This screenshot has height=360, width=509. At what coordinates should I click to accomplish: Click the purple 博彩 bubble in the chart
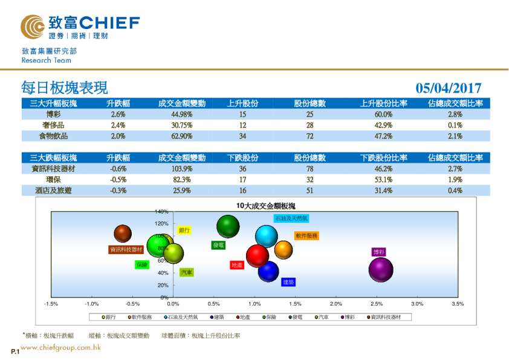(381, 270)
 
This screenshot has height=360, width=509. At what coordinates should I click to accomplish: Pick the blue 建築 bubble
(268, 272)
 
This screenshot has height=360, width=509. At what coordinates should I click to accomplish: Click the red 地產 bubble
(258, 255)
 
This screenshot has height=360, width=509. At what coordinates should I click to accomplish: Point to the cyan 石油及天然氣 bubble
(266, 236)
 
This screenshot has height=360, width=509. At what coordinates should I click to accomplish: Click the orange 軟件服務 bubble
(284, 249)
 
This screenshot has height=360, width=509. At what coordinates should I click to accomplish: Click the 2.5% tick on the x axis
(377, 304)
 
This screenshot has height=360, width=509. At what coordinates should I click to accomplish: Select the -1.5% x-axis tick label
(51, 304)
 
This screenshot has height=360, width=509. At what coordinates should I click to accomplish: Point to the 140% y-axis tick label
(161, 212)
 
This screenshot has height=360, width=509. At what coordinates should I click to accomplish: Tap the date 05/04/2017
(449, 88)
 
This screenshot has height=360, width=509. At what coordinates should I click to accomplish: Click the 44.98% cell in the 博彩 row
(182, 114)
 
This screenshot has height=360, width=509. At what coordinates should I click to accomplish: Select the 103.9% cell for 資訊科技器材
(182, 169)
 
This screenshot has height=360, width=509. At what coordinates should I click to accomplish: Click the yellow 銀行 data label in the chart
(184, 231)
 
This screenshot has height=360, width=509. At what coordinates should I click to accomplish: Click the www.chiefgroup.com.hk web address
(60, 347)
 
